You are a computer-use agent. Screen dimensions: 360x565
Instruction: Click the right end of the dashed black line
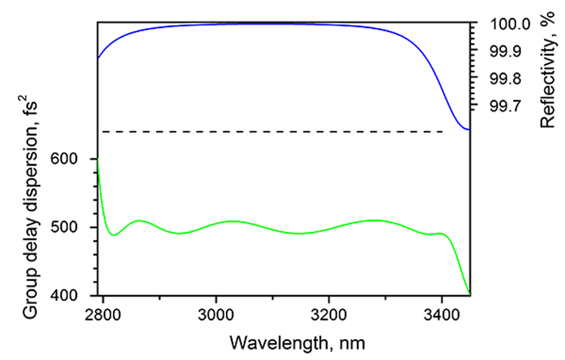tap(443, 132)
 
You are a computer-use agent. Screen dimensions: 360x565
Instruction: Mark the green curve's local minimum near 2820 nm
tap(114, 235)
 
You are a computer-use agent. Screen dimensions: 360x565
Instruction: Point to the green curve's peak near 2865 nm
tap(140, 220)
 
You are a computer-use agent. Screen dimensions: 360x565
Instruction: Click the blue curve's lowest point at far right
tap(469, 129)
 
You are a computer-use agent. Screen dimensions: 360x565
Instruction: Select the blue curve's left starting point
tap(99, 58)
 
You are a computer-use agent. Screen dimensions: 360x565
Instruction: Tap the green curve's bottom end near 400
tap(469, 292)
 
